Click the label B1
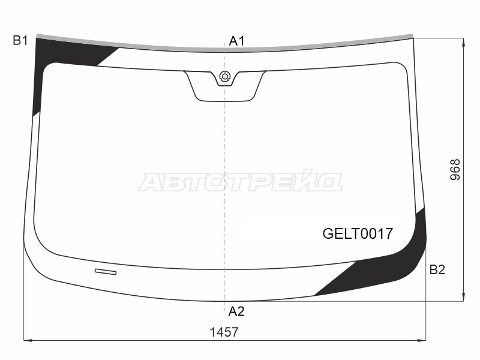click(x=20, y=41)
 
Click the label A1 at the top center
click(x=237, y=41)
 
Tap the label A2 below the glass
click(x=236, y=311)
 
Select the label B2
click(x=437, y=270)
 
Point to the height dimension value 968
click(x=455, y=170)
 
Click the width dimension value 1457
click(x=224, y=332)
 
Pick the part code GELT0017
click(x=358, y=233)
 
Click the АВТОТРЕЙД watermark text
click(x=240, y=182)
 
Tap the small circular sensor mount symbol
click(x=224, y=76)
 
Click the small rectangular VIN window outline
click(x=106, y=272)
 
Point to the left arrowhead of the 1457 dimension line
click(x=27, y=340)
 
